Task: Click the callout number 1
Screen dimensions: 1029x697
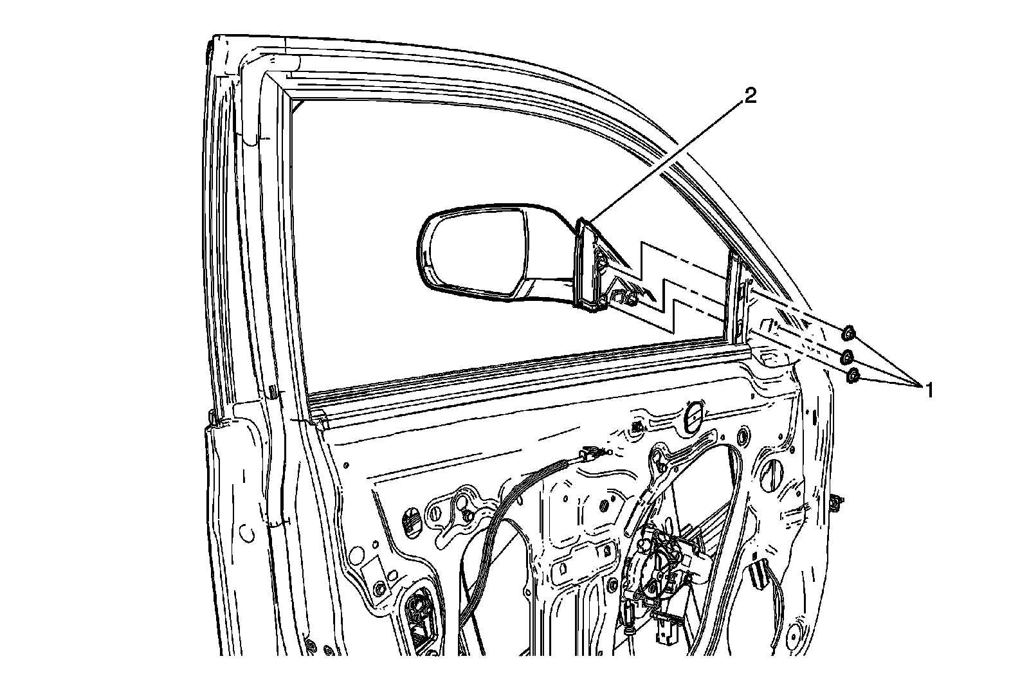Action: coord(928,389)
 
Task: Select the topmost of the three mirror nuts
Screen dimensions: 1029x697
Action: coord(848,332)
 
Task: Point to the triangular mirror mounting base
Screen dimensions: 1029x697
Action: coord(588,264)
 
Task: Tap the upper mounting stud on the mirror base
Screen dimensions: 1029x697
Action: coord(602,260)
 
